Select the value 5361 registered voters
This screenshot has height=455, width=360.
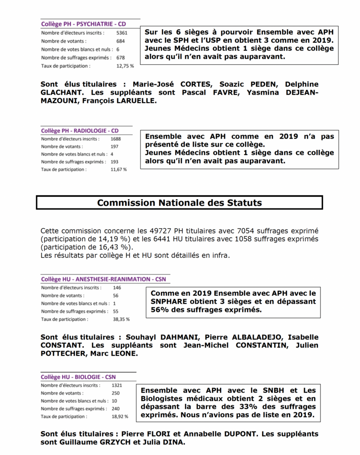[122, 33]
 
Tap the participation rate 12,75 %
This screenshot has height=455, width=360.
[125, 66]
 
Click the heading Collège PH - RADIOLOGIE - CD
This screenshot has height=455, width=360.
[80, 131]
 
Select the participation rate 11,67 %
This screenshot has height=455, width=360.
[119, 169]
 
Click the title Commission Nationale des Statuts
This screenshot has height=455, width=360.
[180, 203]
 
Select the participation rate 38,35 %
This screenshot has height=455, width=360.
[121, 319]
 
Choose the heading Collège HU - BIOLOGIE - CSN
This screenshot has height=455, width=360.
[79, 377]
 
